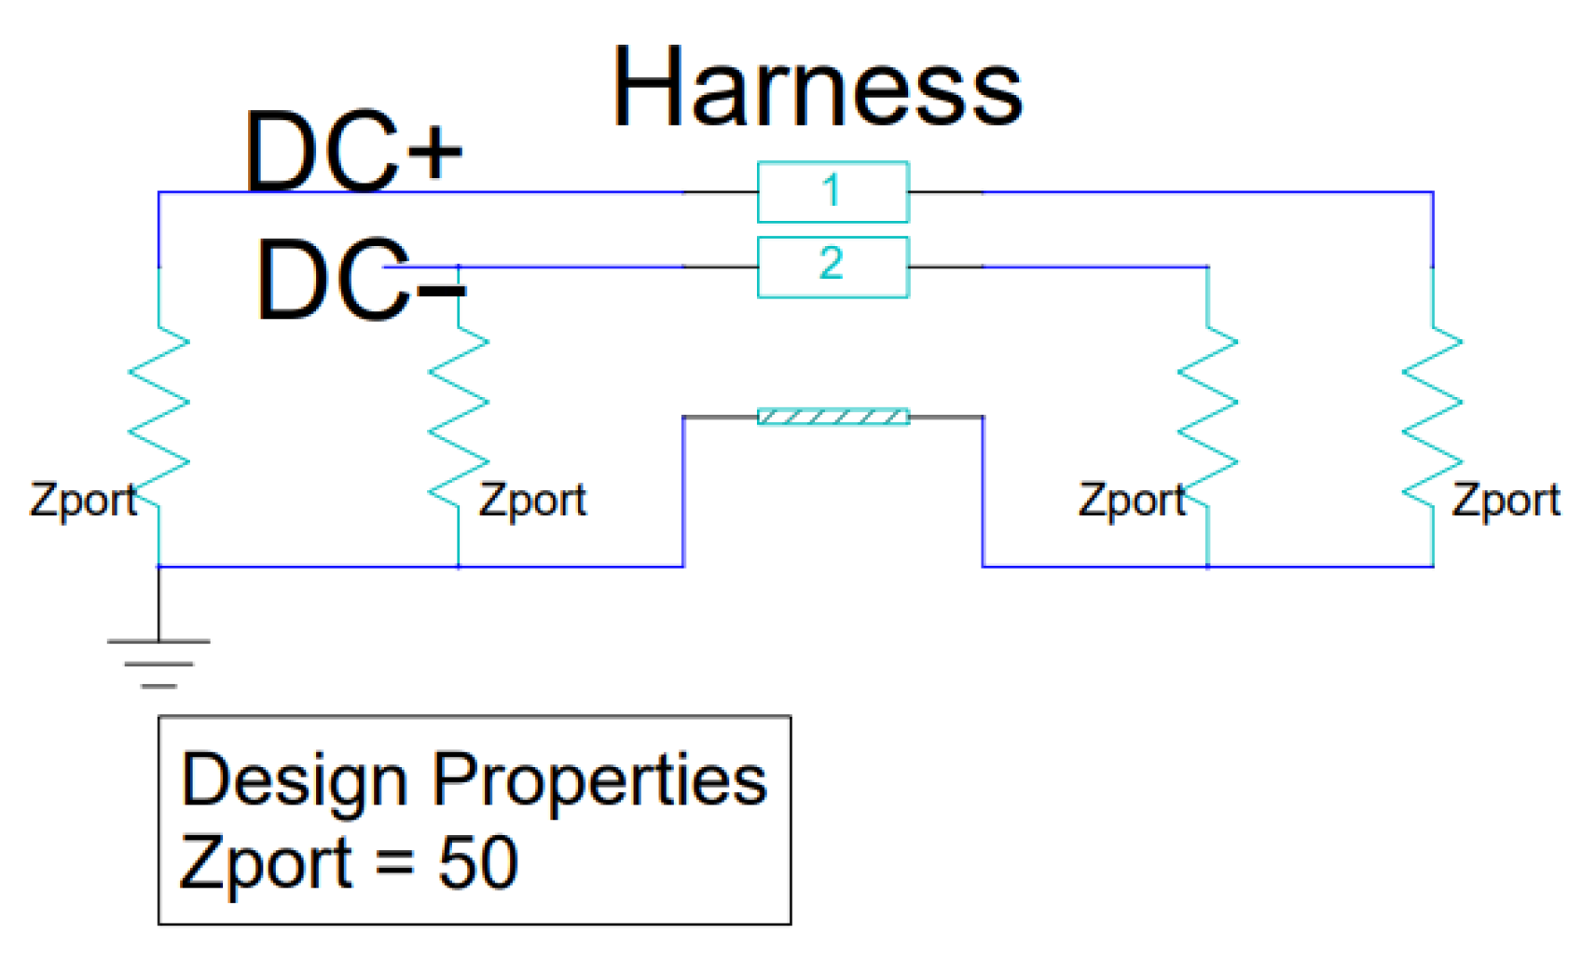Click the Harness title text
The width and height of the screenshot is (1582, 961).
click(817, 88)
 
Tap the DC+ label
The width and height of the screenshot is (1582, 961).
click(353, 151)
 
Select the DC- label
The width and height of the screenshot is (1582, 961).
click(359, 279)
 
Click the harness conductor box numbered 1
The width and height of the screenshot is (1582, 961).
click(832, 192)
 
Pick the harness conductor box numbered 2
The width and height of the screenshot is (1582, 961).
click(832, 267)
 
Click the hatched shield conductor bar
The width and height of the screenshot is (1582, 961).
click(832, 417)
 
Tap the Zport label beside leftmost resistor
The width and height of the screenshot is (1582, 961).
click(83, 501)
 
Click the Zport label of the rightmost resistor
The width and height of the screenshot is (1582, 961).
click(1506, 501)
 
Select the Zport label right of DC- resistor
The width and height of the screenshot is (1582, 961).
click(532, 501)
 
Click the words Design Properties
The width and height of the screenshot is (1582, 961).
click(474, 779)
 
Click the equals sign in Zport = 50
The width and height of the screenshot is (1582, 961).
click(395, 863)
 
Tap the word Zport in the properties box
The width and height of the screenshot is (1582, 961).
click(267, 863)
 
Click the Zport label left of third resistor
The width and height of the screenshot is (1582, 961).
click(1132, 501)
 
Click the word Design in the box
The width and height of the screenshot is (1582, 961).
click(294, 779)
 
